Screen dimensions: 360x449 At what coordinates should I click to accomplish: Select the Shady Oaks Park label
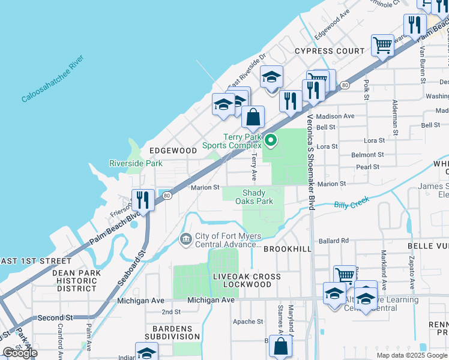pyautogui.click(x=258, y=197)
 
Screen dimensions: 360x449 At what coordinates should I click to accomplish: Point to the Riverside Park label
pyautogui.click(x=136, y=163)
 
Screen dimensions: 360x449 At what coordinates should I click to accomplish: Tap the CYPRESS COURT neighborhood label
pyautogui.click(x=330, y=51)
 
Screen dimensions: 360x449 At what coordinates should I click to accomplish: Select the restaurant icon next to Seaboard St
pyautogui.click(x=142, y=198)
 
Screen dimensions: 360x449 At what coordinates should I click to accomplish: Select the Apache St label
pyautogui.click(x=248, y=322)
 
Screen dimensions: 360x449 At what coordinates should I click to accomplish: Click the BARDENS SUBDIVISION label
pyautogui.click(x=172, y=333)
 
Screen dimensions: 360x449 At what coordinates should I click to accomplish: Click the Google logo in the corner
pyautogui.click(x=20, y=353)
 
